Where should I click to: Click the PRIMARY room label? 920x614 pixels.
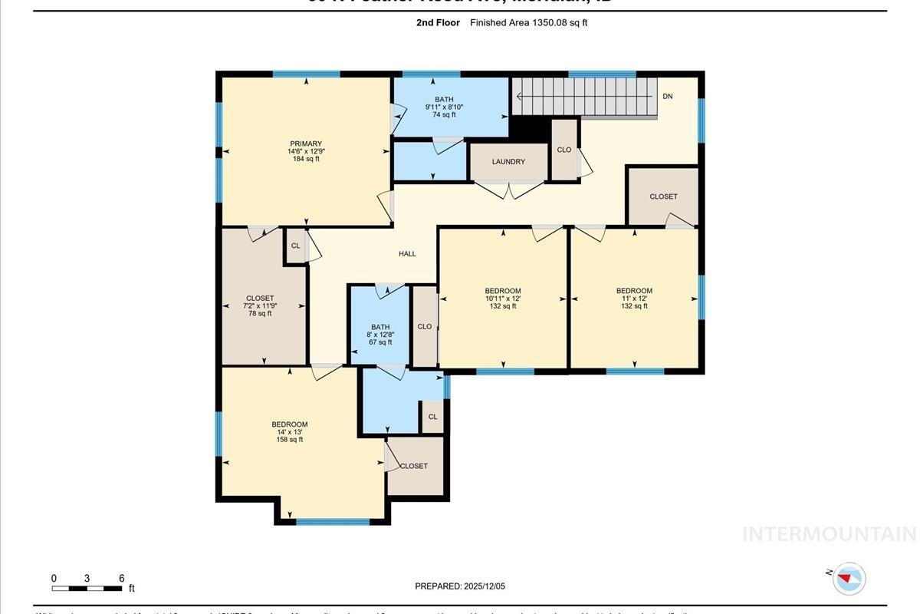click(x=306, y=144)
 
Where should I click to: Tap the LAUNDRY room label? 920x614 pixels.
click(x=508, y=162)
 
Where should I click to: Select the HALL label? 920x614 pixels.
click(x=407, y=254)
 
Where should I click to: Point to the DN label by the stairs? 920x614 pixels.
click(x=667, y=97)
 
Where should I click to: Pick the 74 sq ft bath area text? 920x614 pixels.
click(x=444, y=115)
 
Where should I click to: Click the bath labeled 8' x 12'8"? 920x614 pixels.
click(x=380, y=335)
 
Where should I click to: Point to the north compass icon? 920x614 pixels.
click(x=848, y=578)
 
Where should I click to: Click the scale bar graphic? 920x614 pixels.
click(x=87, y=589)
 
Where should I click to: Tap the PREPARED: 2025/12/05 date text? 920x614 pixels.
click(x=460, y=586)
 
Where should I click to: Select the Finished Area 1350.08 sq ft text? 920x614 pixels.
click(x=528, y=23)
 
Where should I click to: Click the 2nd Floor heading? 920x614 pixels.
click(x=438, y=23)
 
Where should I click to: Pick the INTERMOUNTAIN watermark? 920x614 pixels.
click(x=829, y=534)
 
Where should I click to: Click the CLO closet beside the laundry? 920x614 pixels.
click(x=564, y=150)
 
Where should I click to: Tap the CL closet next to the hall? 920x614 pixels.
click(x=295, y=246)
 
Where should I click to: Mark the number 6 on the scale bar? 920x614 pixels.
click(x=121, y=579)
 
